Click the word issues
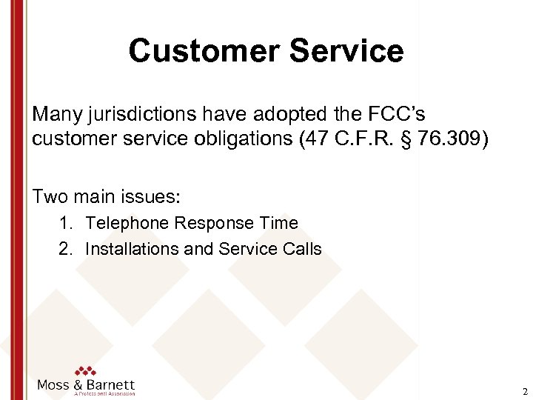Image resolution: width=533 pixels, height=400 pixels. (155, 196)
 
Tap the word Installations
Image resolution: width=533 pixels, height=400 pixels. (132, 248)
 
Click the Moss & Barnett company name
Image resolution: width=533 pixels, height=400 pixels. (86, 385)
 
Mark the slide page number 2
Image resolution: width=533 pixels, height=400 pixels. (524, 392)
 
